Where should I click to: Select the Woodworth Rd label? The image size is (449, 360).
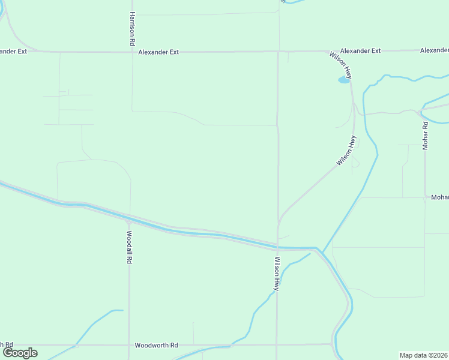pyautogui.click(x=156, y=346)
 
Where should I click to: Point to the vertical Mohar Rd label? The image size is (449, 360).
pyautogui.click(x=425, y=136)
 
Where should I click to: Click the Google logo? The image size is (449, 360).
pyautogui.click(x=20, y=353)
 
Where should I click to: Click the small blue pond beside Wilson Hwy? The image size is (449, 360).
pyautogui.click(x=343, y=79)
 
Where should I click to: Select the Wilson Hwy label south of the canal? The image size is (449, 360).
pyautogui.click(x=277, y=274)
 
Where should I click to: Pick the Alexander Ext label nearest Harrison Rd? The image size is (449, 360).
pyautogui.click(x=158, y=52)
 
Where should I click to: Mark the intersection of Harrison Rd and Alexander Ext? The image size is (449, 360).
pyautogui.click(x=132, y=52)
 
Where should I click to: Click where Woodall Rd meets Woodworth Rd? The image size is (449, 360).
pyautogui.click(x=128, y=345)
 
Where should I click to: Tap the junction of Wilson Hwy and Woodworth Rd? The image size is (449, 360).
pyautogui.click(x=277, y=344)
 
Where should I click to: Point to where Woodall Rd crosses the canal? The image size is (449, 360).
pyautogui.click(x=130, y=217)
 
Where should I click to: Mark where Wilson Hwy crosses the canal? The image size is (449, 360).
pyautogui.click(x=277, y=245)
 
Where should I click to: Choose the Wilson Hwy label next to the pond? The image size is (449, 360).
pyautogui.click(x=340, y=65)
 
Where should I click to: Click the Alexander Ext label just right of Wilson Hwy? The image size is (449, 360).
pyautogui.click(x=360, y=51)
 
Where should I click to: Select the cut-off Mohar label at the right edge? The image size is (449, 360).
pyautogui.click(x=439, y=197)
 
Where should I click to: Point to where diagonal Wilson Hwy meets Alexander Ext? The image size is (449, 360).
pyautogui.click(x=328, y=52)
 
